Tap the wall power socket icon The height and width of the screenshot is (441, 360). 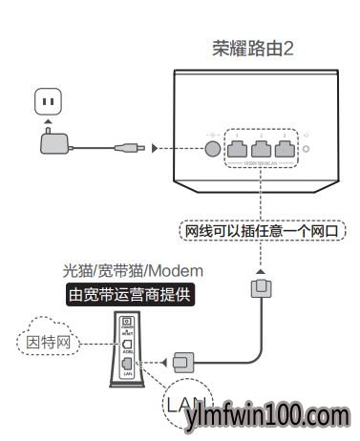48,100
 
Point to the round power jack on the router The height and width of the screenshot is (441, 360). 208,148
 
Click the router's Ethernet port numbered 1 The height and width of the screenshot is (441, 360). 235,147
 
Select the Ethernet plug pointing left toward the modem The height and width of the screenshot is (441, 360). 187,362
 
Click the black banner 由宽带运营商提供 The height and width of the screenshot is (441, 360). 130,295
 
